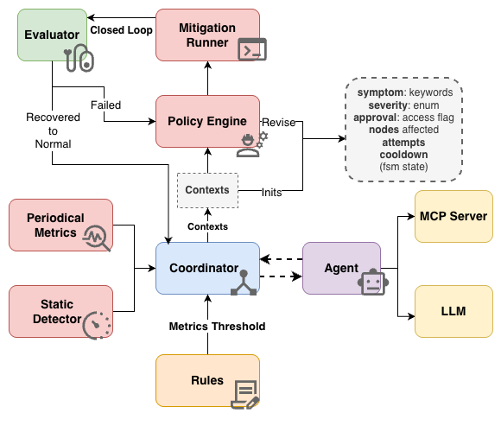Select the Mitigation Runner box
coord(207,35)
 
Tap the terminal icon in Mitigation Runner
coord(252,50)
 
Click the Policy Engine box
coord(207,121)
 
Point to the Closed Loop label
coord(122,30)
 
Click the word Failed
coord(105,105)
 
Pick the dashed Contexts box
coord(207,189)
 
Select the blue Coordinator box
coord(207,268)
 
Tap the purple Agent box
coord(342,268)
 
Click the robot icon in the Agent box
coord(371,283)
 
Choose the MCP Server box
coord(454,216)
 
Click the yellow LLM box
coord(454,310)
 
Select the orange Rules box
coord(207,380)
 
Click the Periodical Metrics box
coord(60,225)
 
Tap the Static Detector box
coord(60,311)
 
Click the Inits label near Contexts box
coord(271,192)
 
